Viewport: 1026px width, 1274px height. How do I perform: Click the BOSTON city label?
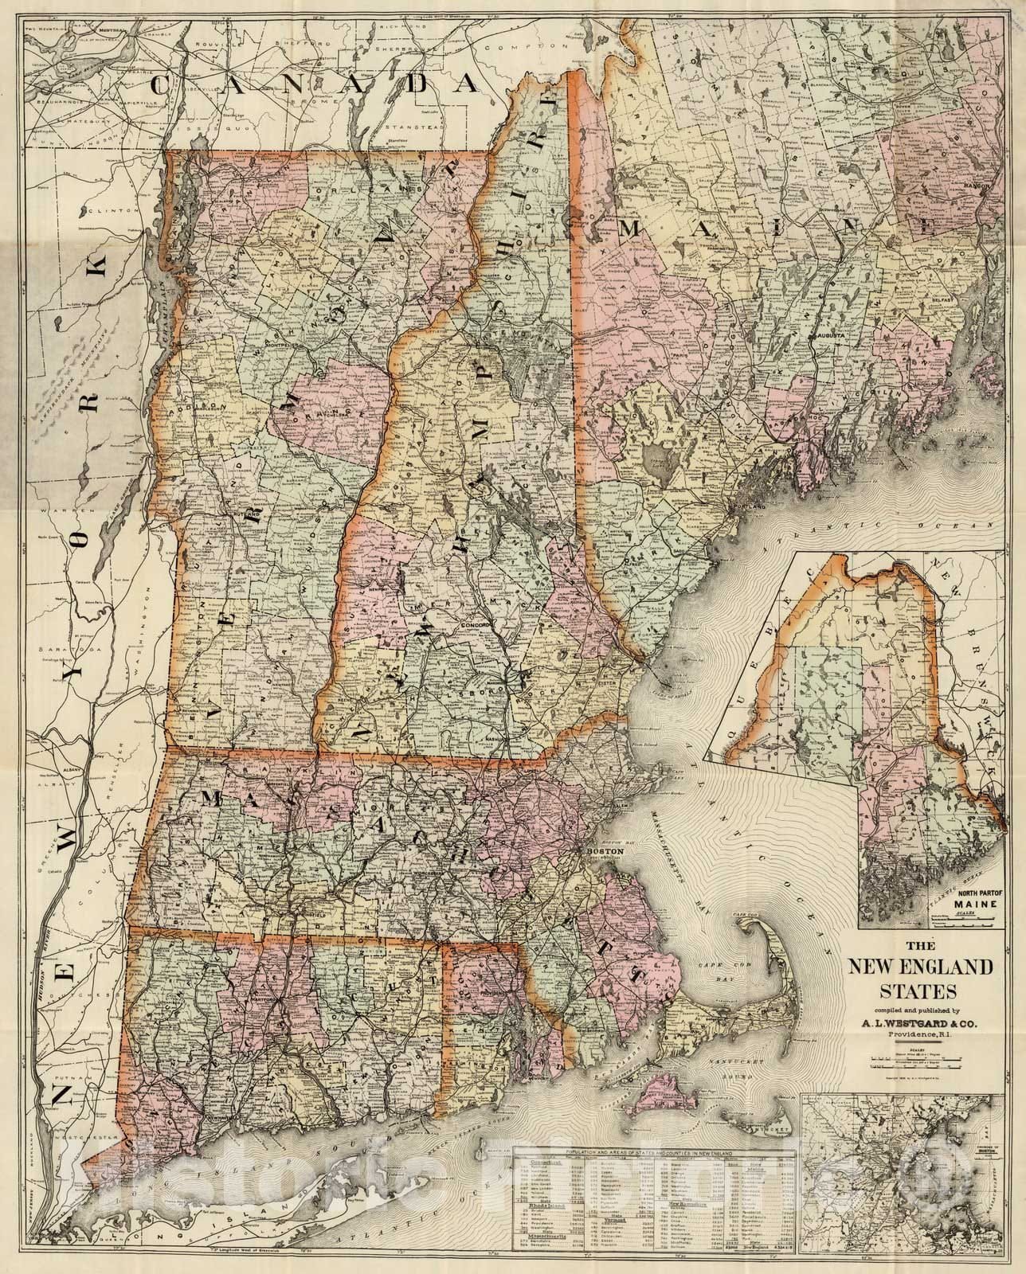[603, 850]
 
